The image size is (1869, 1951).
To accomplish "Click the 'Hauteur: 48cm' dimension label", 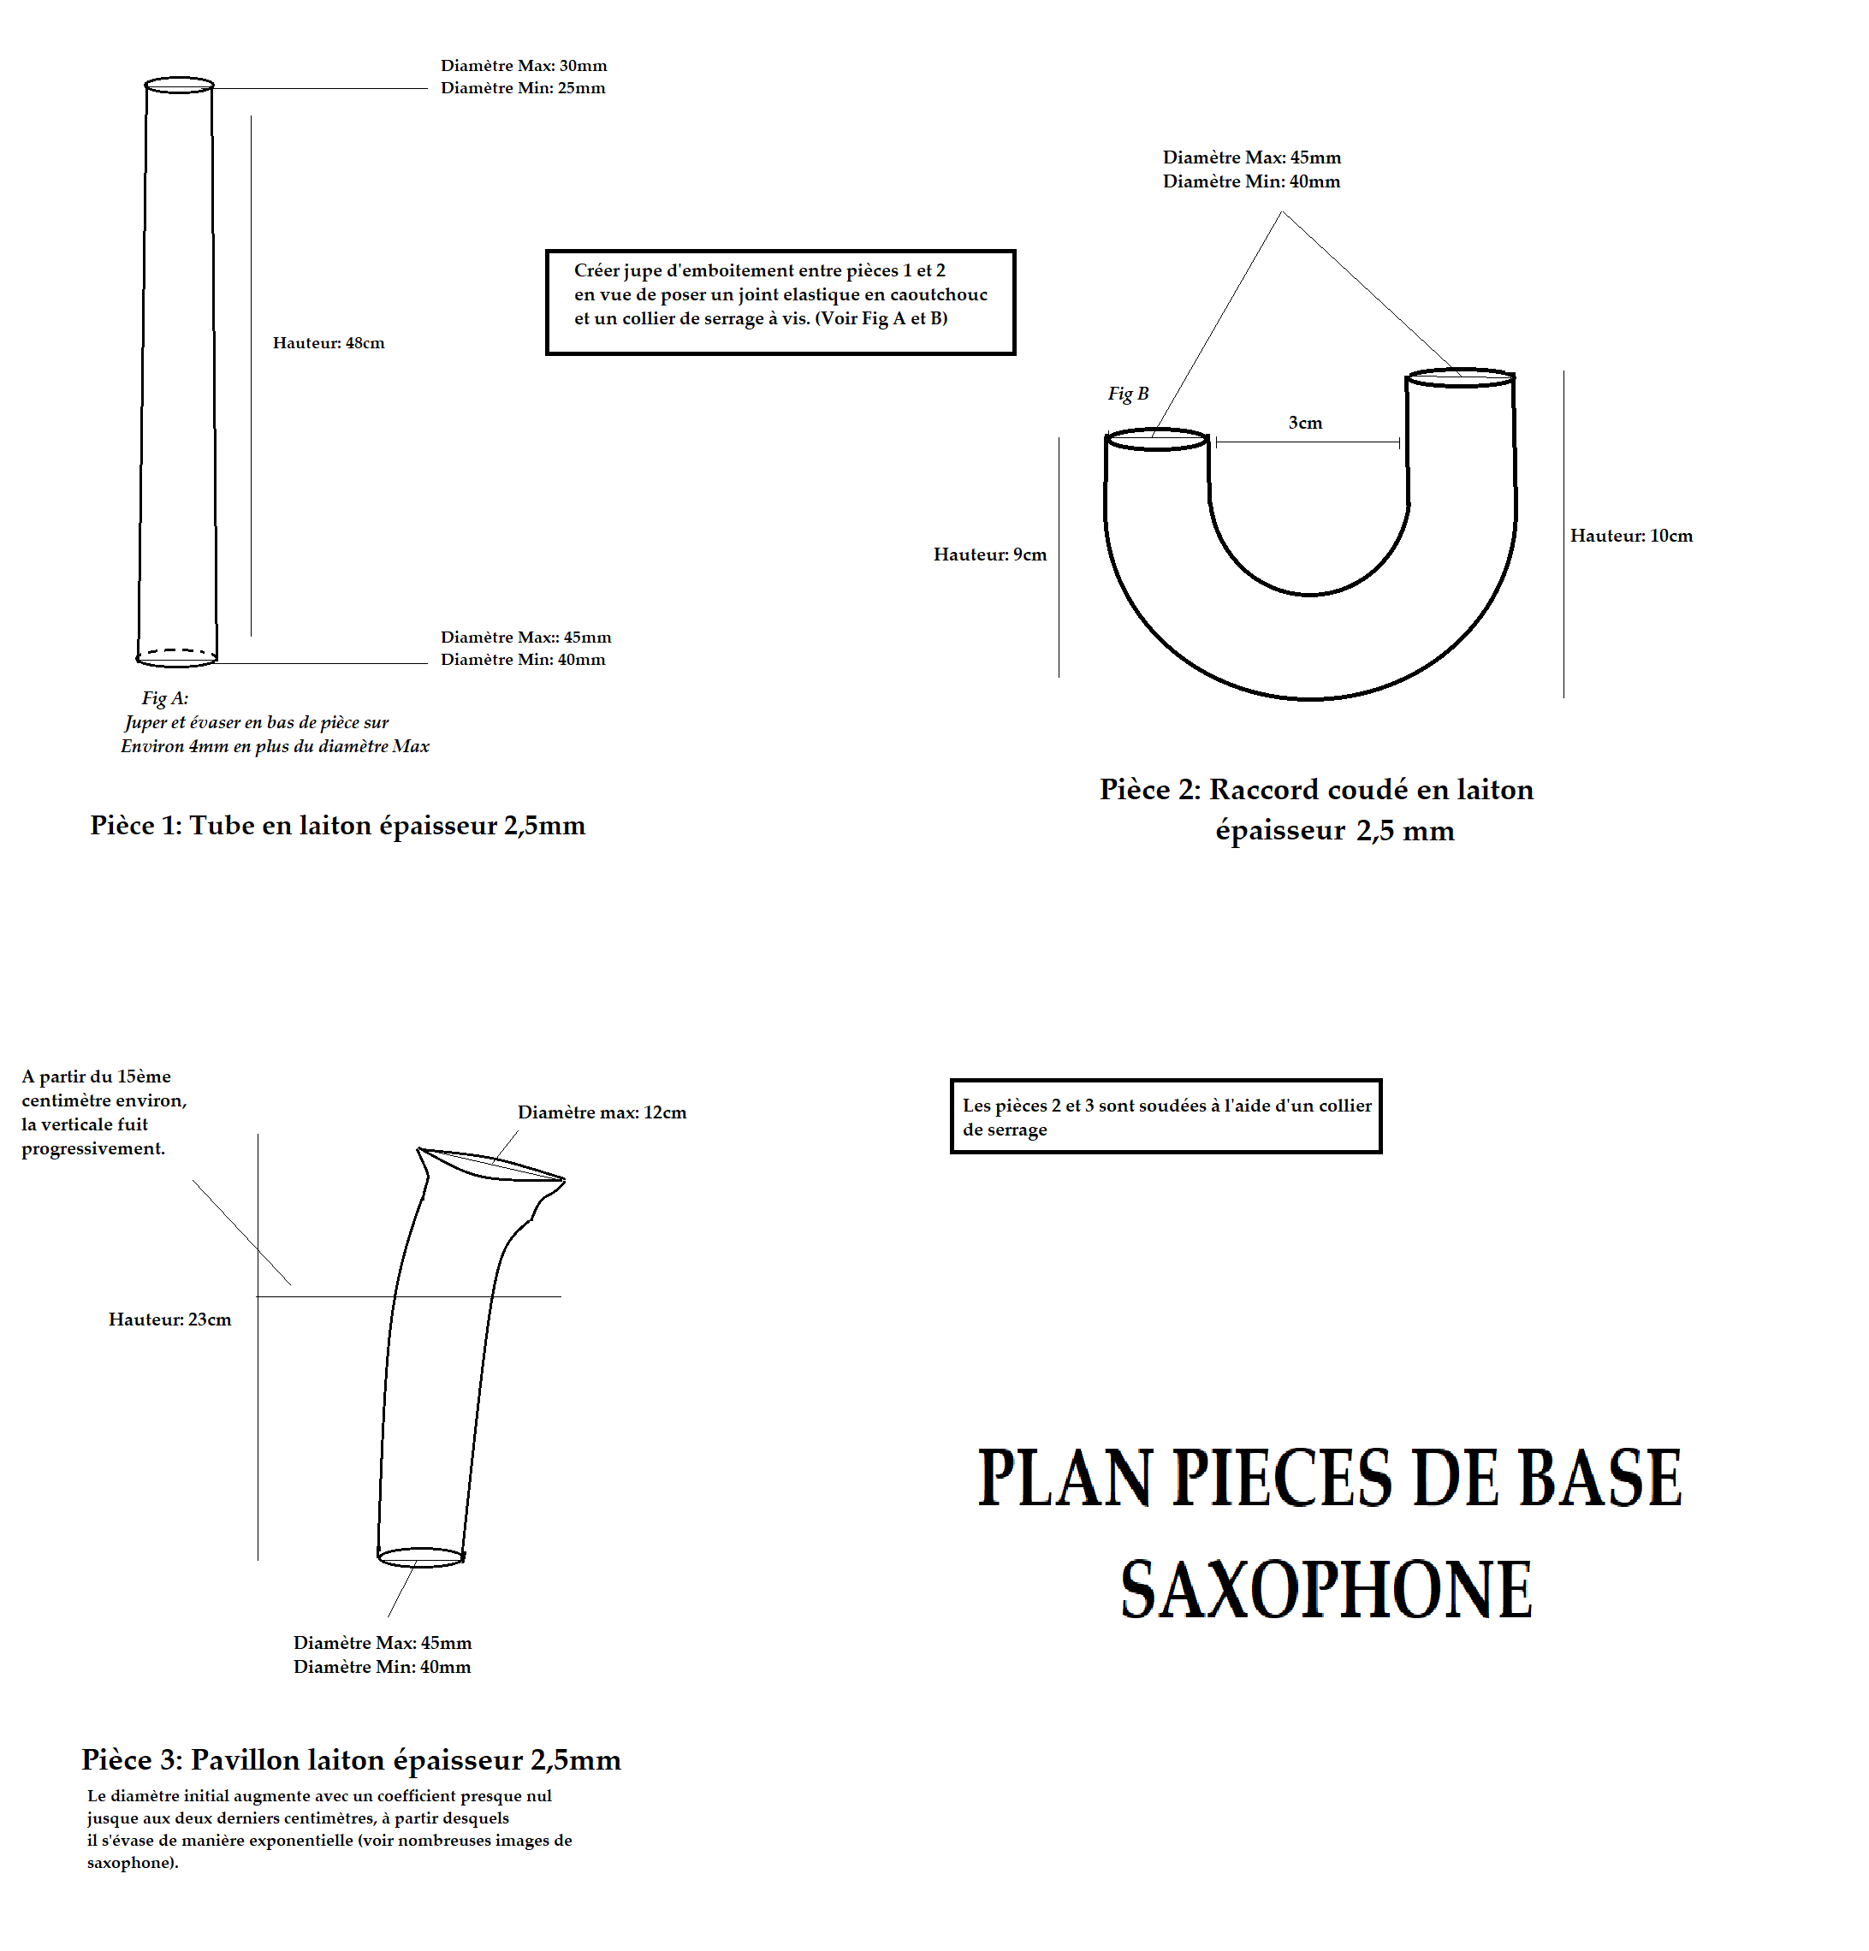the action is tap(329, 343).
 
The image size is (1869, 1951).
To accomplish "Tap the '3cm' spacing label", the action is tap(1304, 423).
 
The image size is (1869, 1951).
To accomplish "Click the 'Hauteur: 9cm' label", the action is tap(990, 554).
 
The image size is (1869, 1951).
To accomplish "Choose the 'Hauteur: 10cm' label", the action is tap(1631, 536).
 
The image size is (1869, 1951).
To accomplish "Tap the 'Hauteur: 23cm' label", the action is tap(169, 1319).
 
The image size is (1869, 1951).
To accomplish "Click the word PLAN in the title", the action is tap(1064, 1478).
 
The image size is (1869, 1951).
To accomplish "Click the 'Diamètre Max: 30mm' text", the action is tap(524, 66).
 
